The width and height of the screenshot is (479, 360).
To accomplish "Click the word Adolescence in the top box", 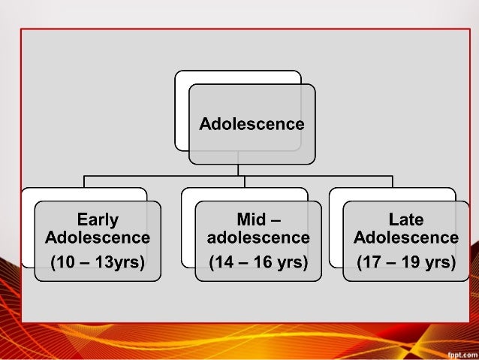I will coord(252,124).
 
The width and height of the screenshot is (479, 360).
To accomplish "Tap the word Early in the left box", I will coord(98,220).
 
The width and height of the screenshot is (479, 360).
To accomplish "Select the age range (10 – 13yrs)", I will coord(98,263).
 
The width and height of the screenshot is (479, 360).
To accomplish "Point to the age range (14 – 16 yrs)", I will coord(258,263).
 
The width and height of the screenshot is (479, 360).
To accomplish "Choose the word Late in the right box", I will coord(406,220).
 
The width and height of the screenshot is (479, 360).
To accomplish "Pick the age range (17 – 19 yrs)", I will coord(406,263).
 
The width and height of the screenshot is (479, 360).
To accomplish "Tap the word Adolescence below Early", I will coord(98,238).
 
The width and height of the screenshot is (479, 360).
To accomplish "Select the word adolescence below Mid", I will coord(258,238).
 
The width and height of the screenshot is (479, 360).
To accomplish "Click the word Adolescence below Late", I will coord(406,238).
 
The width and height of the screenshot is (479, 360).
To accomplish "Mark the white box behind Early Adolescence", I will coord(28,225).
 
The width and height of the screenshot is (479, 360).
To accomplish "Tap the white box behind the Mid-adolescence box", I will coord(188,225).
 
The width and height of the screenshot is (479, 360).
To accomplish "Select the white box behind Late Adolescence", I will coord(335,225).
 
